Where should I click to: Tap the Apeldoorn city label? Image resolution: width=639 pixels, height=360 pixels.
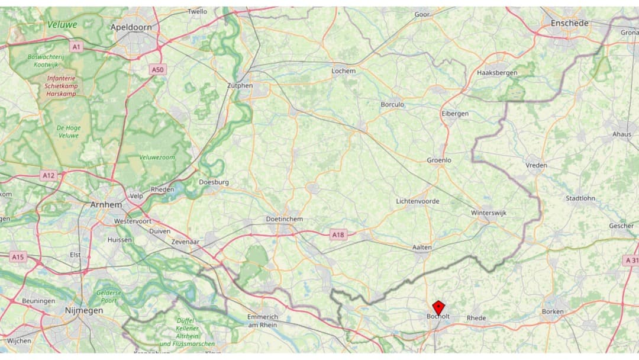point(131,27)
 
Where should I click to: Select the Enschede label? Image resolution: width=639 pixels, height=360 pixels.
point(569,23)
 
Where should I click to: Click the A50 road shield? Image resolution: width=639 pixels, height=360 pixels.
point(157,70)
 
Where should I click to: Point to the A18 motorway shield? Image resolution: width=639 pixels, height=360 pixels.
point(337,235)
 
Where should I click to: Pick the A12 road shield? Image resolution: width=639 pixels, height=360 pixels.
point(49,176)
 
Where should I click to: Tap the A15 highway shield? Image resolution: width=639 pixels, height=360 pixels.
point(18,257)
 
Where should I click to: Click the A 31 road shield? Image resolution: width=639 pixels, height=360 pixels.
point(631,261)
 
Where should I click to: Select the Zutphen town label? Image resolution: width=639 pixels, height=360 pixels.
point(240,86)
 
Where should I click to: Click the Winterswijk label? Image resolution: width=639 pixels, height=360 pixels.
point(489,213)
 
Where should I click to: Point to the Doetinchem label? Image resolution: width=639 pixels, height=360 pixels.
point(285,219)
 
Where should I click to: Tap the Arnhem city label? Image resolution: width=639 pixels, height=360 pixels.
point(106,204)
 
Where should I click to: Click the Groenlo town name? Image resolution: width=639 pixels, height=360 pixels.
point(439,160)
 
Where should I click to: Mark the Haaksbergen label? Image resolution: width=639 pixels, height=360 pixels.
point(496,73)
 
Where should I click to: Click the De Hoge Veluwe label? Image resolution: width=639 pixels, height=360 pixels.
point(69,131)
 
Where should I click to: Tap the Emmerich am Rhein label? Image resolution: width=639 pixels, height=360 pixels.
point(263,321)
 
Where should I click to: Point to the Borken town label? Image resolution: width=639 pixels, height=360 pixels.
point(553,311)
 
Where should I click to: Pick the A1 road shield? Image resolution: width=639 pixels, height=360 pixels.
point(76,46)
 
